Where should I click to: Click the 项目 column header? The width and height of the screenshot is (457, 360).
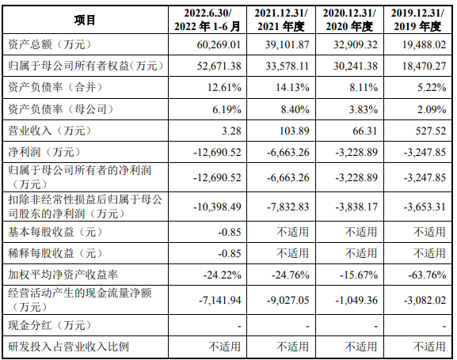(x=85, y=20)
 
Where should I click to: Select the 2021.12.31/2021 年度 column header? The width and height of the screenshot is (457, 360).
(x=281, y=20)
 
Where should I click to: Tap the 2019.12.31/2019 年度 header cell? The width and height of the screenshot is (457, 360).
(x=417, y=20)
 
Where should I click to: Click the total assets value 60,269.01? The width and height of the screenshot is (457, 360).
(x=219, y=44)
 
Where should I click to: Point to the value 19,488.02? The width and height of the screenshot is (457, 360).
(x=424, y=44)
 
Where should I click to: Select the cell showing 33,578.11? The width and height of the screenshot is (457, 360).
(x=287, y=66)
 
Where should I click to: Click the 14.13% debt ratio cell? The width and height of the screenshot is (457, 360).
(x=292, y=87)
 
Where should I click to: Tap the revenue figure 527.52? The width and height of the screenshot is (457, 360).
(x=431, y=131)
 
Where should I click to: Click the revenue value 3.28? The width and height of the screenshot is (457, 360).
(x=231, y=131)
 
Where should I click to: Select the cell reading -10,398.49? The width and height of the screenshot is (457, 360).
(x=217, y=207)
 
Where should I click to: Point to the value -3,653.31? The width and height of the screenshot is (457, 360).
(x=425, y=207)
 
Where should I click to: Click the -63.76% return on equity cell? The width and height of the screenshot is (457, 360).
(x=427, y=275)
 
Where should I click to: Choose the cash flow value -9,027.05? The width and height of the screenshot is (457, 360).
(x=288, y=300)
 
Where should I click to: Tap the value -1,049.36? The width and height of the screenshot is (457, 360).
(x=356, y=300)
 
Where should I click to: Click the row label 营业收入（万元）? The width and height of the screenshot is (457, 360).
(x=50, y=131)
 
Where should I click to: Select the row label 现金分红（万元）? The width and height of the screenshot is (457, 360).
(x=50, y=325)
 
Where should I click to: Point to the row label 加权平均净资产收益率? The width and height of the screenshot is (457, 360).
(x=63, y=275)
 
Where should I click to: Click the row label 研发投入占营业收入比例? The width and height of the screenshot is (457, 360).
(x=68, y=347)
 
